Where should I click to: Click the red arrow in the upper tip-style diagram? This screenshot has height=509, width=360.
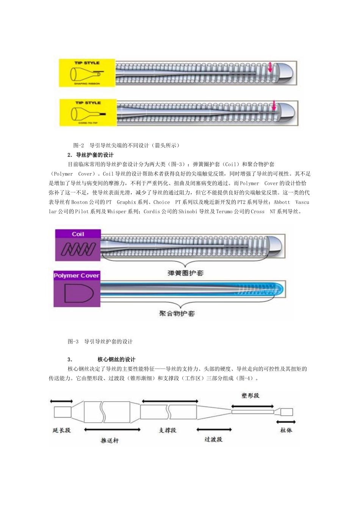(x=270, y=67)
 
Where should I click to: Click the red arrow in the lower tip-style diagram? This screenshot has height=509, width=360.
(x=274, y=106)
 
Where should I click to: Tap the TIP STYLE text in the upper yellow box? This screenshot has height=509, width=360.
(x=87, y=63)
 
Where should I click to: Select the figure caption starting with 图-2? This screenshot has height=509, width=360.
(x=127, y=145)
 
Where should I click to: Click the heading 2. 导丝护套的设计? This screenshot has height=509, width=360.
(x=91, y=155)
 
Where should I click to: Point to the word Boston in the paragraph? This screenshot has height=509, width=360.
(x=79, y=202)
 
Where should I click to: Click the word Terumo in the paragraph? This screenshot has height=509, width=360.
(x=224, y=212)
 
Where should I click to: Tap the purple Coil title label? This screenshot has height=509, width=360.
(x=78, y=234)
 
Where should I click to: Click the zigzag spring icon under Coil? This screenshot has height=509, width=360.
(x=78, y=249)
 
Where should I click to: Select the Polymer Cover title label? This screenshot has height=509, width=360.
(x=77, y=276)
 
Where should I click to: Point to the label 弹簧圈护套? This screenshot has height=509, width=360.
(x=185, y=273)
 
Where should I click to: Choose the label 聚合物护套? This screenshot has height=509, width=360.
(x=177, y=314)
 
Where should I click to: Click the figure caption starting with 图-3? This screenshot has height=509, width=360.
(x=100, y=342)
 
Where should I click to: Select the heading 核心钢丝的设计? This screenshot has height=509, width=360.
(x=116, y=359)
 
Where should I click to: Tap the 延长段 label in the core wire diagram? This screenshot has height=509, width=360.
(x=61, y=430)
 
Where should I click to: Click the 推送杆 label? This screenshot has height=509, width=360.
(x=110, y=440)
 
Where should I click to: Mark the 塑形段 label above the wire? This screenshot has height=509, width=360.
(x=250, y=396)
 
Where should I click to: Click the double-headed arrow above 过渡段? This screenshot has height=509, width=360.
(x=214, y=430)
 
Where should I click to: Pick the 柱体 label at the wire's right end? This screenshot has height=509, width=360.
(x=286, y=430)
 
